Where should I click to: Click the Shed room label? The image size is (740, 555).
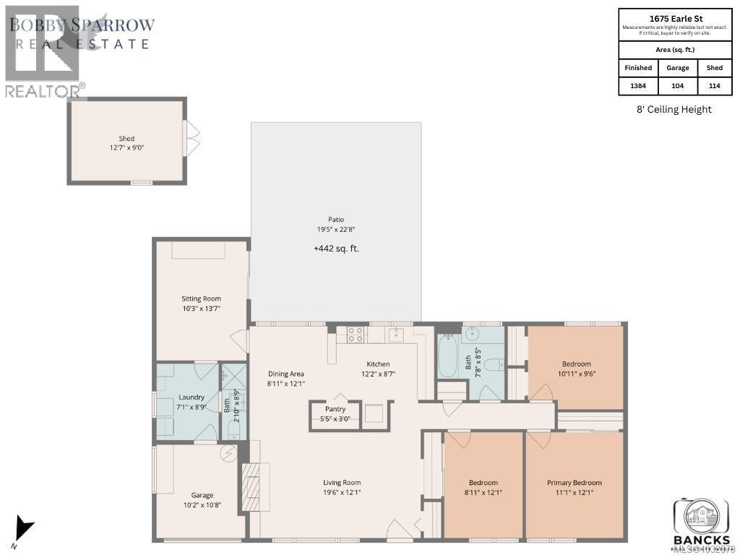[126, 139]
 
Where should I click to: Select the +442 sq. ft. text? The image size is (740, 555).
[336, 249]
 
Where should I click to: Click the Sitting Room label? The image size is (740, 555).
[201, 298]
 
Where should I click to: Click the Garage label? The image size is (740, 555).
[202, 496]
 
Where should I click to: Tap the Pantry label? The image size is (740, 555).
[335, 409]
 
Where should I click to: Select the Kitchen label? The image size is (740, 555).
[378, 364]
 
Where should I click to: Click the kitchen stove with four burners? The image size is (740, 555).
[356, 334]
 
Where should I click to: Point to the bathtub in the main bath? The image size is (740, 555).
[448, 356]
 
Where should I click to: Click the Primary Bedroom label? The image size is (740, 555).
[575, 483]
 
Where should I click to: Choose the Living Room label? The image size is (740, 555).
[342, 483]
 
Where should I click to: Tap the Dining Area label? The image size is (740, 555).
[286, 374]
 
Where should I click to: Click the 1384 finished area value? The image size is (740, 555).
[638, 86]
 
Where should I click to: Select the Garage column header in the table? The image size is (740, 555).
[678, 68]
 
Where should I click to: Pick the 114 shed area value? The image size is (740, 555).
[714, 86]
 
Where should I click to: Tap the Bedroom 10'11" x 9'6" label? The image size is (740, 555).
[576, 364]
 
